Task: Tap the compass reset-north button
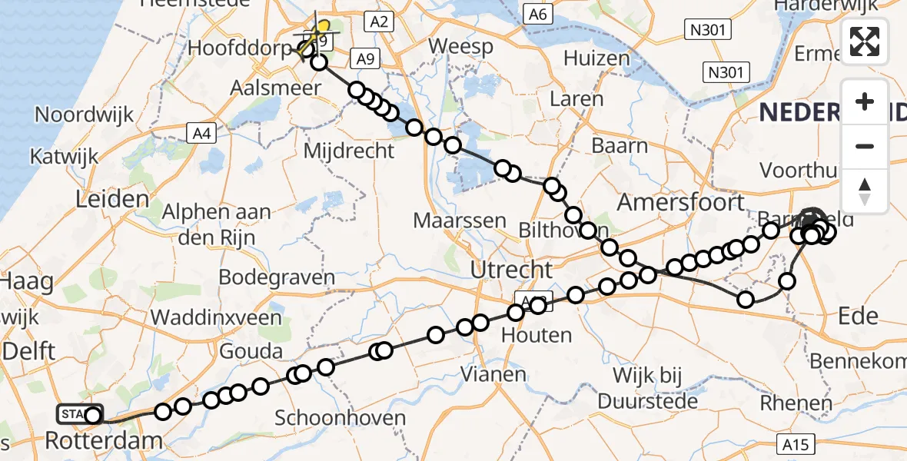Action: click(x=865, y=191)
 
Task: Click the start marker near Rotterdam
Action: click(x=80, y=415)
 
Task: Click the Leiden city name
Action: click(x=112, y=200)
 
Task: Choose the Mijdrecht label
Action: click(x=349, y=151)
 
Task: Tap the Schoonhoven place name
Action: click(x=340, y=418)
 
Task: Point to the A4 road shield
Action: click(x=201, y=134)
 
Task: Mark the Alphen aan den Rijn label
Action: click(x=218, y=224)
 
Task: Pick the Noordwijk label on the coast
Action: click(x=85, y=114)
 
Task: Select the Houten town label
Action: click(x=537, y=334)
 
